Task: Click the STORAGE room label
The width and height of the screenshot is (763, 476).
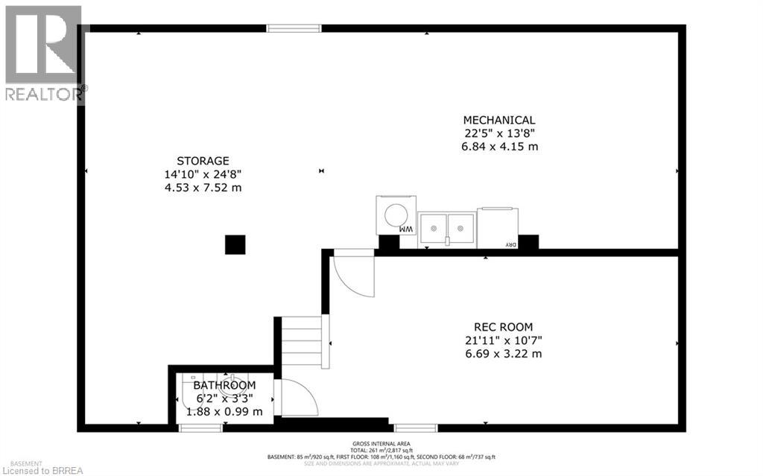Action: point(203,160)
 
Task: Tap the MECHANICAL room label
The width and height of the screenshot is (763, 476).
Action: point(499,120)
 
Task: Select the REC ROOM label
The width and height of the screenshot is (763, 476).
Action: point(504,326)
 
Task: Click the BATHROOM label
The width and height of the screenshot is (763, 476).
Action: point(224,385)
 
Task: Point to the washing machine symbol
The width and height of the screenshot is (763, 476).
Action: point(396,216)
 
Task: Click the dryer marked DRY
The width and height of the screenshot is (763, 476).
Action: point(497,228)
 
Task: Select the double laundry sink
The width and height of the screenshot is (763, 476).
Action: point(446,228)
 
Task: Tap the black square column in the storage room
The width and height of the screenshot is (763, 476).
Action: point(235,244)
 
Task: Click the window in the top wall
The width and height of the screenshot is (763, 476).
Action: point(294,28)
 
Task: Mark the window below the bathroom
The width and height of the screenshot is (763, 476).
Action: point(201,428)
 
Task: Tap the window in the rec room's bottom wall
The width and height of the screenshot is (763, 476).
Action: point(416,428)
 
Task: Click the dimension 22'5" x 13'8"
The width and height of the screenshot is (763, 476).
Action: point(499,133)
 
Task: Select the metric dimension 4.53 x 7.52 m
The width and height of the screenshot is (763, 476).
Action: point(203,187)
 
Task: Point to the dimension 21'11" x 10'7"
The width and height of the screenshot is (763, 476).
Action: point(504,340)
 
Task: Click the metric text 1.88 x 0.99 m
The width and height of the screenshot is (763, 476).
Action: point(224,411)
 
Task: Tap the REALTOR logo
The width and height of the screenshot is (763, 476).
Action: point(43,52)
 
